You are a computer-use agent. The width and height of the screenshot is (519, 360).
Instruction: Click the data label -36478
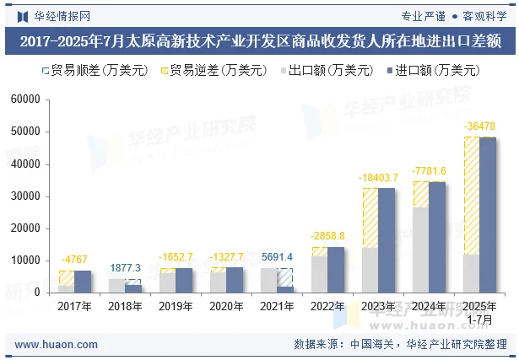(x=479, y=126)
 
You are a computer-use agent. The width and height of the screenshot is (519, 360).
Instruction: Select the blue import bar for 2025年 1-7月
(x=488, y=215)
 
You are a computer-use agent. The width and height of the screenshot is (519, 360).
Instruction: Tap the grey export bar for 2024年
(x=420, y=250)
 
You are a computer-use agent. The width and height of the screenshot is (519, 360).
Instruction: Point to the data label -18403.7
(x=378, y=178)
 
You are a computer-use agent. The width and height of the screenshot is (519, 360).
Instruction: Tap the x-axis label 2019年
(x=176, y=307)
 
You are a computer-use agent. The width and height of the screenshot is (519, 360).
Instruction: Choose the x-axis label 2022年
(x=327, y=307)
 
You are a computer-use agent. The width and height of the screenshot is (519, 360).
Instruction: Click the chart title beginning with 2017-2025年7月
(x=259, y=40)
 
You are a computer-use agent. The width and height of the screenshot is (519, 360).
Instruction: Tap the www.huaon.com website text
(x=57, y=344)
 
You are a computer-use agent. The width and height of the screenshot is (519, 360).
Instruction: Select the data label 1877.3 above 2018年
(x=125, y=268)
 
